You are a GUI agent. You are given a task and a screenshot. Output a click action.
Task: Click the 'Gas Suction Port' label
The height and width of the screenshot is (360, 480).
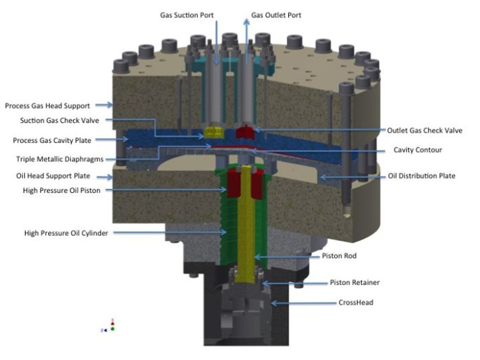tap(187, 15)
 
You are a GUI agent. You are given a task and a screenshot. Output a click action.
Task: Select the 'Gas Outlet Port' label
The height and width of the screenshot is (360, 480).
tap(276, 15)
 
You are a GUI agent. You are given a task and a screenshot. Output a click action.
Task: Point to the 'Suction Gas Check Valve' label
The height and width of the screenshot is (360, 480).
tap(60, 121)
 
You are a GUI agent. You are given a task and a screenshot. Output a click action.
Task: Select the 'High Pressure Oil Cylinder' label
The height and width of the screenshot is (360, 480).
tap(66, 233)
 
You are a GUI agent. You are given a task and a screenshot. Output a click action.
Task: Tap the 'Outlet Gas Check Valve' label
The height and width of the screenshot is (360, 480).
tap(425, 131)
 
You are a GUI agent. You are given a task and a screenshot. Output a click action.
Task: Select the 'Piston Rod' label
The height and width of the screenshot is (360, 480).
tap(339, 256)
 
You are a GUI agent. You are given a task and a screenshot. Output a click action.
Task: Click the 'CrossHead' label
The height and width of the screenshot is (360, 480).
tap(356, 302)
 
